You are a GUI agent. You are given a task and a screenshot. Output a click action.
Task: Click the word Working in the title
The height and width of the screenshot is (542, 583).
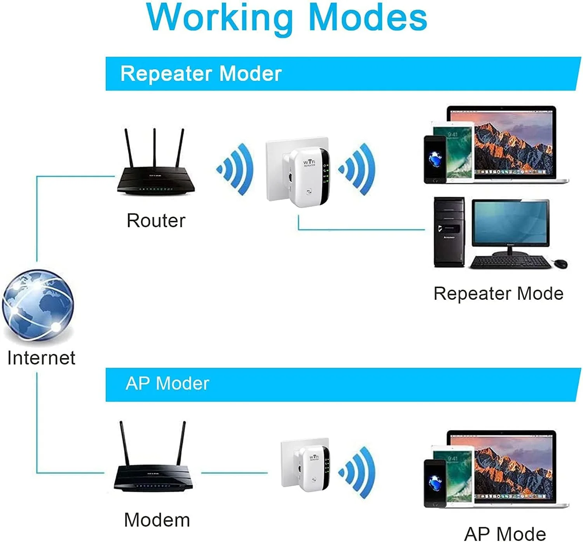pos(220,17)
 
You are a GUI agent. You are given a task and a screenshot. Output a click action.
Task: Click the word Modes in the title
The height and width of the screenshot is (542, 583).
pos(367,17)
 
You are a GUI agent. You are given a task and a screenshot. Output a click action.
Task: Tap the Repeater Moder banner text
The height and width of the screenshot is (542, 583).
pos(201,73)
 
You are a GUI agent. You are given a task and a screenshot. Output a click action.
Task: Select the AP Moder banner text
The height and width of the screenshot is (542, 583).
pos(168,384)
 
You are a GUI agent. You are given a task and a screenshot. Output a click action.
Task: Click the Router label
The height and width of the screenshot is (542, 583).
pos(156,220)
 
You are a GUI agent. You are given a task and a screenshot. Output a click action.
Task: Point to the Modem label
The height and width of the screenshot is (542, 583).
pos(157,520)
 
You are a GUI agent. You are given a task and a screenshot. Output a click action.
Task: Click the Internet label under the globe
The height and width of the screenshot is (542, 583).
pos(41,358)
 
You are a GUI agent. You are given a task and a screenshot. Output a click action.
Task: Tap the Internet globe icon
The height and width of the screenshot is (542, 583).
pos(38,305)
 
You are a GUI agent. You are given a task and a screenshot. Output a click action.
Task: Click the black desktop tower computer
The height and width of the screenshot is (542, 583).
pos(449,232)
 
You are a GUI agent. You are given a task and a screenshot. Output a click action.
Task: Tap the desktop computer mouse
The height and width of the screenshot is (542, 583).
pos(560,264)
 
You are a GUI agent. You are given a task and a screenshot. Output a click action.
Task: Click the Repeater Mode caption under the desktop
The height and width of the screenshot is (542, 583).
pos(498,294)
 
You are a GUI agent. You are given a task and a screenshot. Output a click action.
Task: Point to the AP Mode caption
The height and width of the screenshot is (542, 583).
pos(505,534)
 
